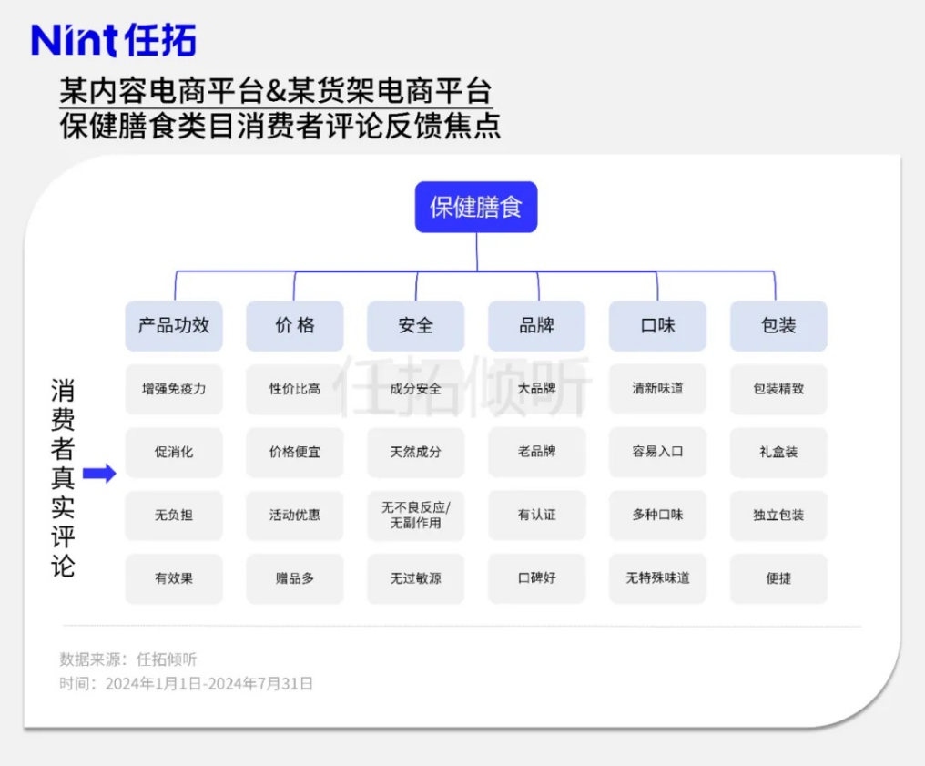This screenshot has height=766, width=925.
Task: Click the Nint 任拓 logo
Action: point(113,40)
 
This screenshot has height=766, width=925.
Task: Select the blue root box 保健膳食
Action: point(476,207)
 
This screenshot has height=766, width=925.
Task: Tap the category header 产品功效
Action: point(174,326)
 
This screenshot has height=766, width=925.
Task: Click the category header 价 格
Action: point(295,326)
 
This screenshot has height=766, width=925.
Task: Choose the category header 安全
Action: point(416,326)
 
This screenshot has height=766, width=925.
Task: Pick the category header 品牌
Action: point(537,326)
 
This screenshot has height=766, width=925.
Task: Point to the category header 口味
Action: point(657,326)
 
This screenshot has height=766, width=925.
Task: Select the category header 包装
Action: point(778,326)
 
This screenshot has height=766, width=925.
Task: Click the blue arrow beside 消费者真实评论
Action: point(99,474)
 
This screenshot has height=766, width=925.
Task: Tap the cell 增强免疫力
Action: point(174,389)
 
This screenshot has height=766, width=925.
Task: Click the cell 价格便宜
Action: point(295,452)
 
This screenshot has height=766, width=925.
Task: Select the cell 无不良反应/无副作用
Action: point(416,516)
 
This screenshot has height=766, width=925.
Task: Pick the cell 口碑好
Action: point(537,578)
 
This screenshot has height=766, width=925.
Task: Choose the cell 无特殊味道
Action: point(657,578)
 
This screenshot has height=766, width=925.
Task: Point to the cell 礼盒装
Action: point(778,452)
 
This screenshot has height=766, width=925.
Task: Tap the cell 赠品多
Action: point(295,578)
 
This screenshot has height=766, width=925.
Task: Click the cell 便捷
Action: point(778,578)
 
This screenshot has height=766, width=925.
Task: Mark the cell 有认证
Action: point(537,516)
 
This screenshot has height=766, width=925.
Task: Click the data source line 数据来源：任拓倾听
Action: point(128,659)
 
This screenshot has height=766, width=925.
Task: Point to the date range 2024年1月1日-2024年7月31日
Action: point(209,684)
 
